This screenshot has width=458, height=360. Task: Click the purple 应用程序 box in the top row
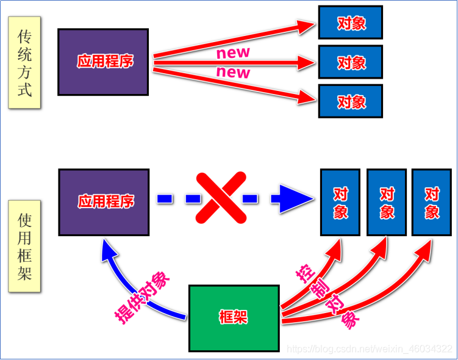[x=104, y=62]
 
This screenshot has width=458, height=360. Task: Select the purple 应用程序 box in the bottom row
[x=104, y=202]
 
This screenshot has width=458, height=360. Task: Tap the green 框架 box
[x=234, y=317]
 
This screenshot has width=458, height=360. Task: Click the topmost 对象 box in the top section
[x=351, y=23]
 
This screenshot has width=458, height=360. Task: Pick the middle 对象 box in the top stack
[x=351, y=62]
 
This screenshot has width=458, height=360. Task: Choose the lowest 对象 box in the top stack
[x=351, y=101]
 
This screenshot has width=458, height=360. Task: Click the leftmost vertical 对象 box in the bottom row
[x=340, y=203]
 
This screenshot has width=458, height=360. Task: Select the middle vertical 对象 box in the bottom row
[x=387, y=203]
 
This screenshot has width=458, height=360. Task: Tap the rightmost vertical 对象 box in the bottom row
[x=432, y=203]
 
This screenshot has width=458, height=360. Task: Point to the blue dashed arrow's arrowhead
[x=293, y=198]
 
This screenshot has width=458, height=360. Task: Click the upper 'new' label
[x=233, y=52]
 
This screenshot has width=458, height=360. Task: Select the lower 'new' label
[x=233, y=73]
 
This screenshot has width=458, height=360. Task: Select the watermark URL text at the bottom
[x=370, y=348]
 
